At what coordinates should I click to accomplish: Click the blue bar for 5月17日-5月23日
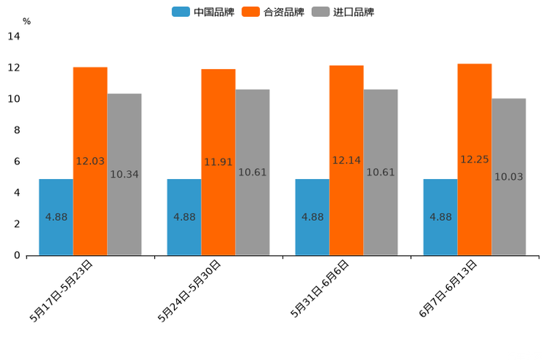[x=56, y=217]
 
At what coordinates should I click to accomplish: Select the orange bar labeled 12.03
[x=90, y=161]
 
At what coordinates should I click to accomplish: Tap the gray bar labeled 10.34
[x=124, y=175]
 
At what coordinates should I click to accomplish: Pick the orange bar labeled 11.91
[x=218, y=162]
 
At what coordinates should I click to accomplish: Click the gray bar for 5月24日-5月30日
[x=252, y=172]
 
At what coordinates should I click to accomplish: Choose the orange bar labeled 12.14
[x=346, y=161]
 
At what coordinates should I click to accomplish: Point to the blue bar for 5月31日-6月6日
[x=312, y=217]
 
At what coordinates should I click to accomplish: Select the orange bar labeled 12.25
[x=474, y=159]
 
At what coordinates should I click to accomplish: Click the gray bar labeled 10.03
[x=509, y=177]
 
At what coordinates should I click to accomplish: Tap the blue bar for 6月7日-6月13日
[x=440, y=217]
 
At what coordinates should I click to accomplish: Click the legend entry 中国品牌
[x=203, y=12]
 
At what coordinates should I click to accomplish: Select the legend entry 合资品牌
[x=274, y=12]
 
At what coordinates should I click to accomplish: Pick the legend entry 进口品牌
[x=343, y=12]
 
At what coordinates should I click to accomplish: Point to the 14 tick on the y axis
[x=14, y=37]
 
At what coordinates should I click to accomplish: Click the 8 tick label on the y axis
[x=17, y=131]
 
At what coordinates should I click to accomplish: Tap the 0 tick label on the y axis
[x=17, y=255]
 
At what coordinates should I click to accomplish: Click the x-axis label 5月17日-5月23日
[x=62, y=291]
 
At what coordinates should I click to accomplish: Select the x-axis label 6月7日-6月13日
[x=448, y=289]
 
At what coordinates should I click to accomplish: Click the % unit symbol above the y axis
[x=26, y=21]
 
